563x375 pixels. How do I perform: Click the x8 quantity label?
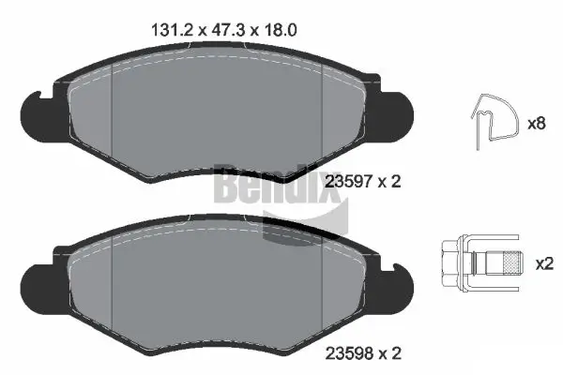click(x=537, y=122)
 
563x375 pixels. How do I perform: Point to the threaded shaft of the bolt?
click(x=502, y=263)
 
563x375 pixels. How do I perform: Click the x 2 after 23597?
click(x=389, y=182)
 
